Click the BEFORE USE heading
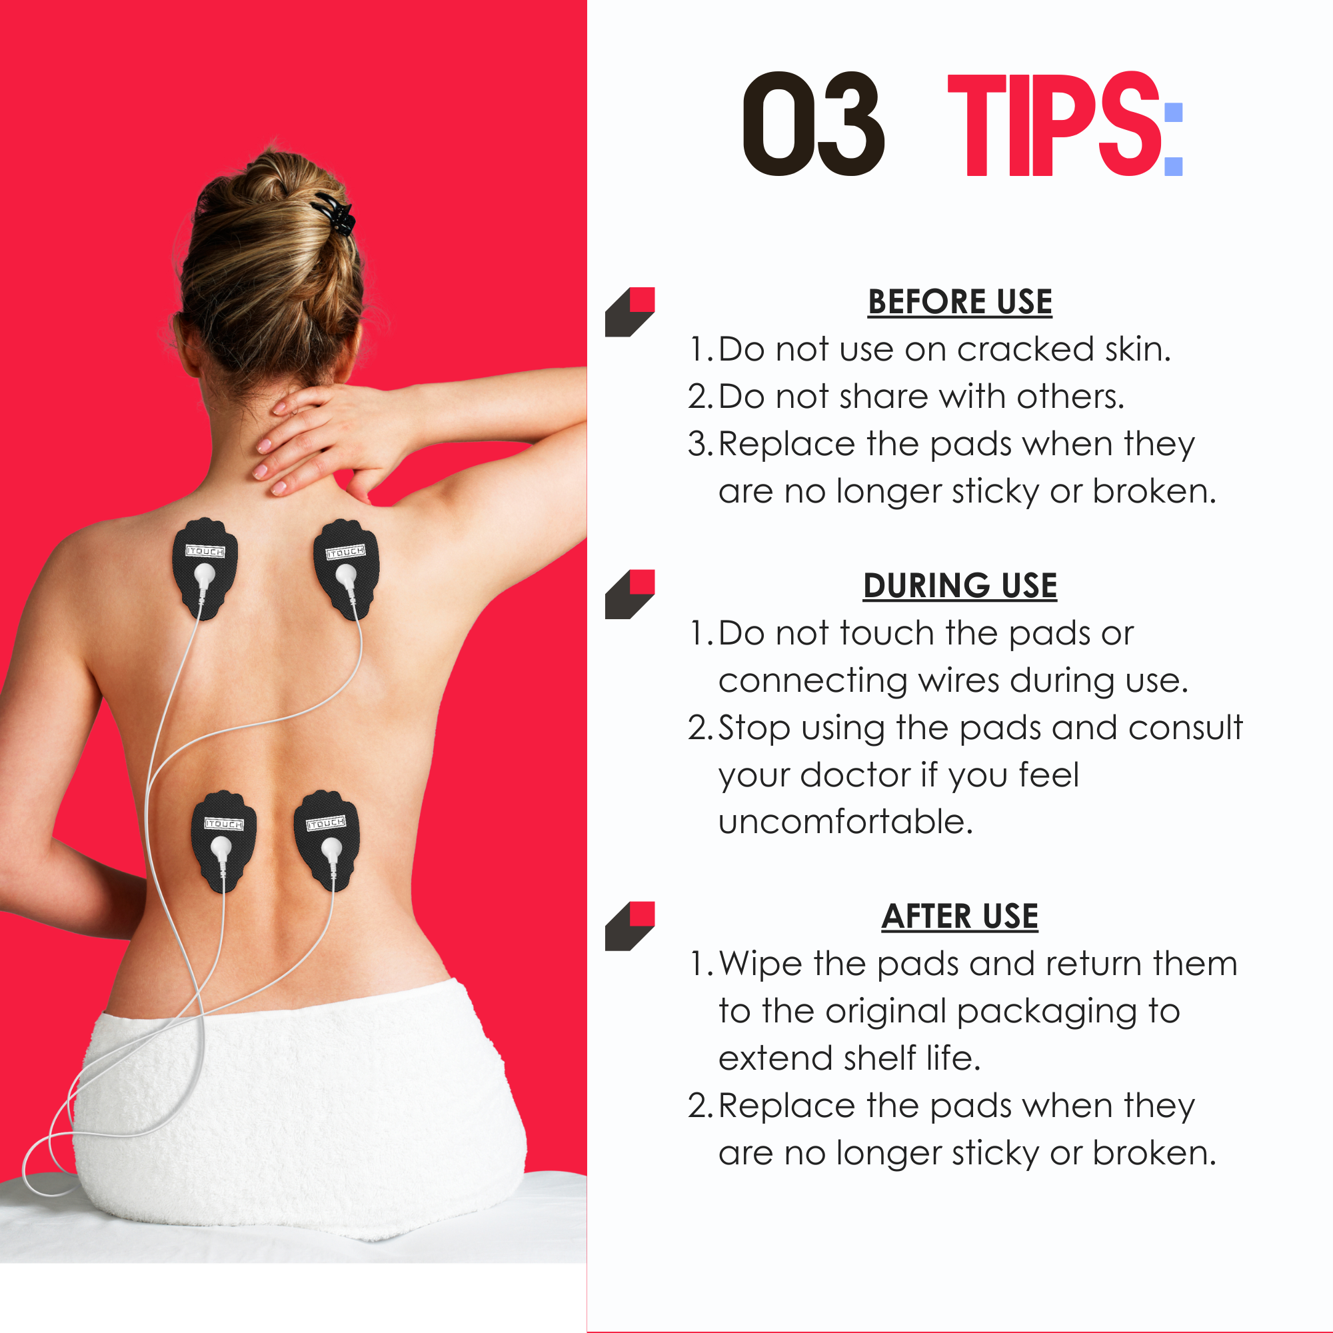(x=960, y=303)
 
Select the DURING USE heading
(x=960, y=587)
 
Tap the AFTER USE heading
(x=960, y=917)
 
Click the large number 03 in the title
(x=813, y=123)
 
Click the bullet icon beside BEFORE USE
(x=630, y=312)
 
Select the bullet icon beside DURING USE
(x=630, y=595)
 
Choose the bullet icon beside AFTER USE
(x=630, y=926)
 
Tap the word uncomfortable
(x=846, y=822)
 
